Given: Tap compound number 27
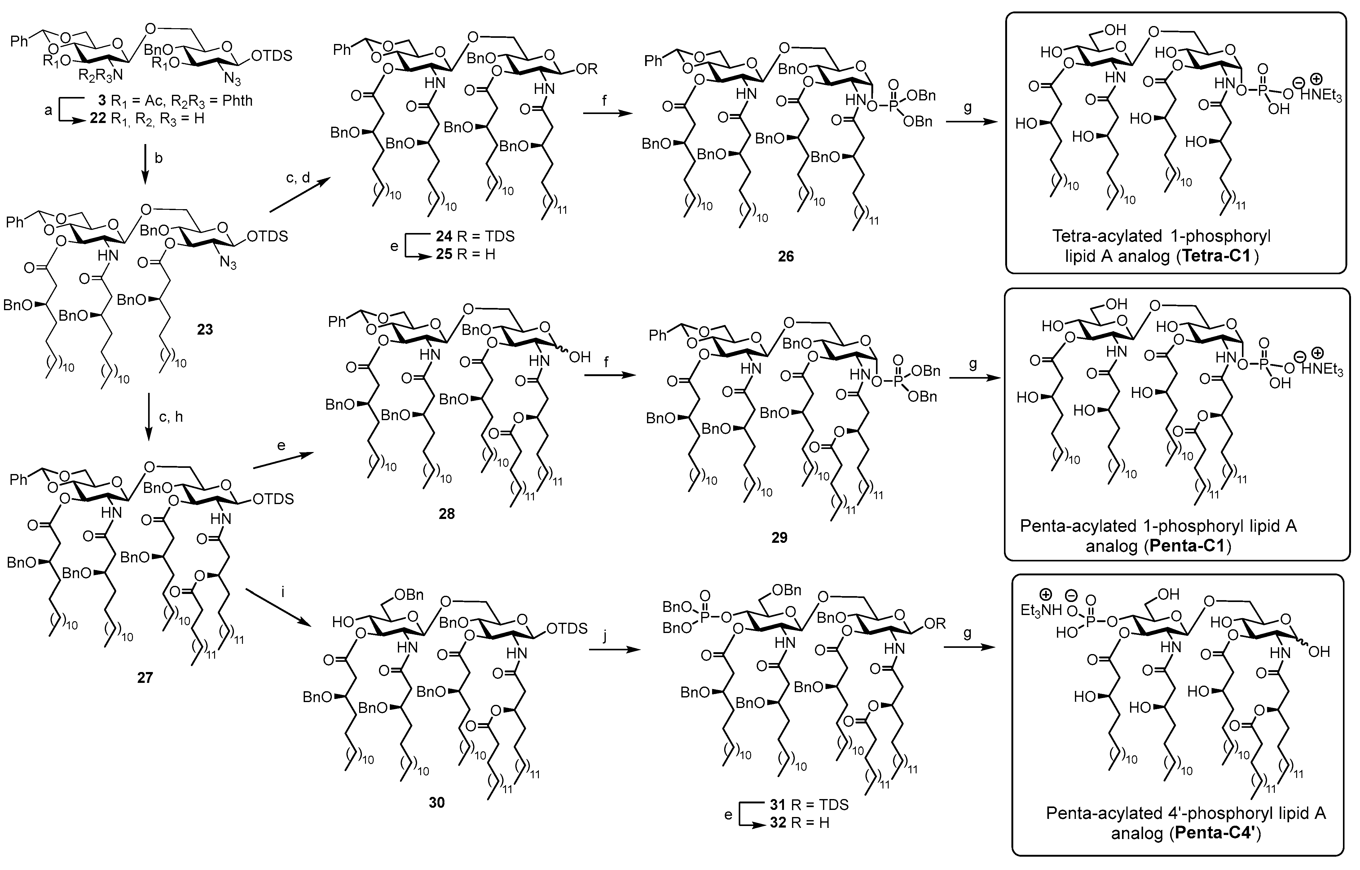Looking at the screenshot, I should (145, 677).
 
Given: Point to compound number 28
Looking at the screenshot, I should (447, 514).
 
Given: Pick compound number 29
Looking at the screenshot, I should (779, 537).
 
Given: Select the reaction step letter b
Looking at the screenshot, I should (159, 158).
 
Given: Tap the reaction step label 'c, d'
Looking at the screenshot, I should (298, 178).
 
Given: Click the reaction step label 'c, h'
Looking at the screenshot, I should (171, 417).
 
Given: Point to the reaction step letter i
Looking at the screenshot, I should (283, 593).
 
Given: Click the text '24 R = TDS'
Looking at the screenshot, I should (475, 236).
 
